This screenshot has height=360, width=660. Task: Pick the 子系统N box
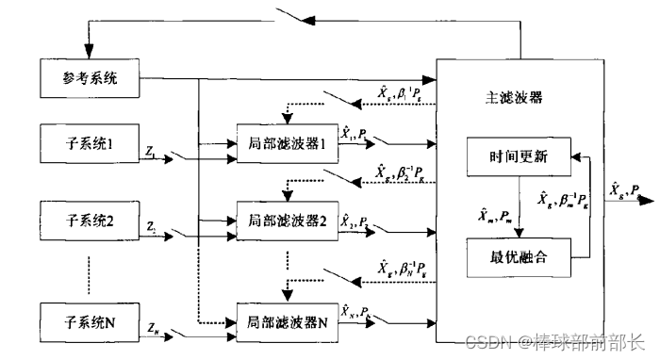[90, 321]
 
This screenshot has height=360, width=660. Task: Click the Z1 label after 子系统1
[152, 150]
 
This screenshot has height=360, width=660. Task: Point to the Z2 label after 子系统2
[152, 229]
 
